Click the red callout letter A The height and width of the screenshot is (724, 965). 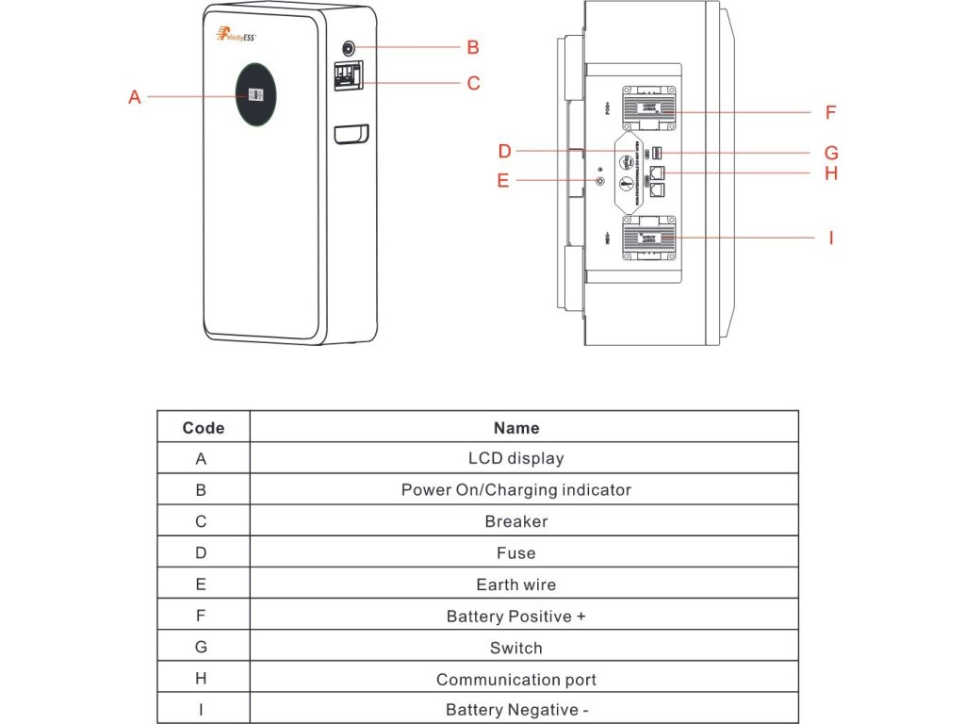coord(135,96)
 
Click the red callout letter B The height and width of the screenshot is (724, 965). coord(473,47)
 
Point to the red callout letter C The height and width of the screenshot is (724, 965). coord(473,83)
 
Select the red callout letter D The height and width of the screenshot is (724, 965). coord(505,151)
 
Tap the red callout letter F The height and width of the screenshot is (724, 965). coord(830,112)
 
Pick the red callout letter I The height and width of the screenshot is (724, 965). coord(830,238)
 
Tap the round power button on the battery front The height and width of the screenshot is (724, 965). coord(349,48)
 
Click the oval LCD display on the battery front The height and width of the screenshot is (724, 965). coord(255,95)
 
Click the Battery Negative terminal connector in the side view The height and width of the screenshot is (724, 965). coord(649,237)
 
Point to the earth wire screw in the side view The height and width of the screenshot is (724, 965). coord(600,179)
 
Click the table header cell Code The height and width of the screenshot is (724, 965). coord(203,428)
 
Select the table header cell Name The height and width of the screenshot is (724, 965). coord(516,428)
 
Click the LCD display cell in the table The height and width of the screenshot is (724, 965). coord(516,459)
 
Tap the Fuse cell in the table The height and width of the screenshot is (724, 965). coord(516,553)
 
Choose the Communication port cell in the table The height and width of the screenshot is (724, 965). coord(516,679)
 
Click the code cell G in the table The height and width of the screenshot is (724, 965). coord(201,648)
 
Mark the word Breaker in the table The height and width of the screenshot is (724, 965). coord(516,521)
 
